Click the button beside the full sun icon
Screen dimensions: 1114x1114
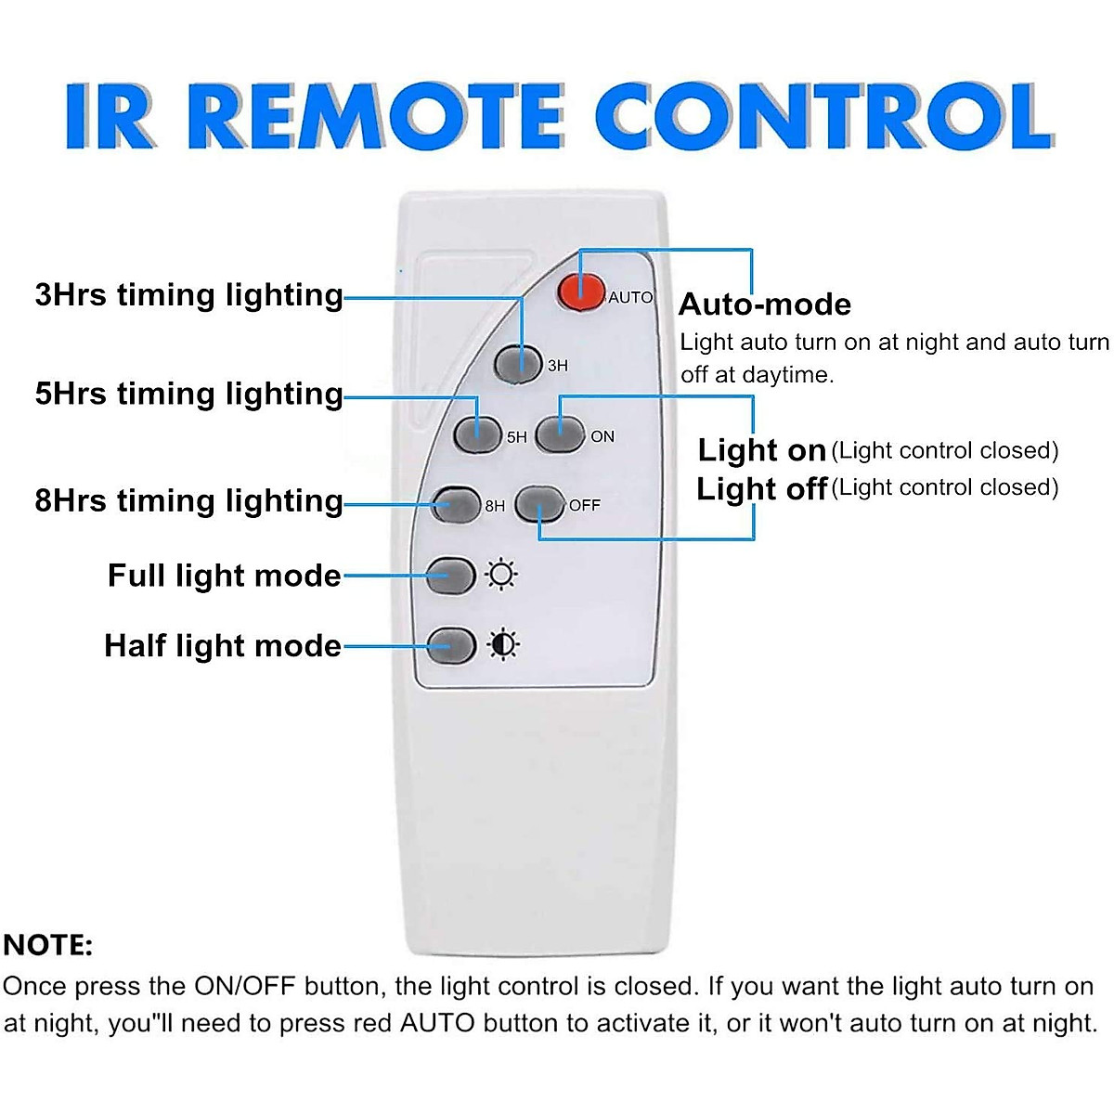click(x=451, y=576)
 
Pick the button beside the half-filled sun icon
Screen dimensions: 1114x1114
click(x=451, y=644)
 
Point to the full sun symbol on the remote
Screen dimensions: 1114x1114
click(x=502, y=576)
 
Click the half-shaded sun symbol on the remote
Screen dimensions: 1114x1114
click(x=503, y=644)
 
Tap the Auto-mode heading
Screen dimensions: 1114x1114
click(x=765, y=304)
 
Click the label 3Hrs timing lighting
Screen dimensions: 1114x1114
click(x=188, y=295)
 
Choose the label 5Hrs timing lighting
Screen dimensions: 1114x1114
click(x=188, y=394)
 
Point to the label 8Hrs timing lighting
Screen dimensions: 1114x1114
click(x=188, y=501)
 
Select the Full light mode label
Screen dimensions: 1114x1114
click(x=225, y=576)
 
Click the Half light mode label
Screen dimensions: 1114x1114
click(x=223, y=645)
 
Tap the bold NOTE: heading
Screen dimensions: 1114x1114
click(x=48, y=946)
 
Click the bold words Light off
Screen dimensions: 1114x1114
click(x=761, y=488)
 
